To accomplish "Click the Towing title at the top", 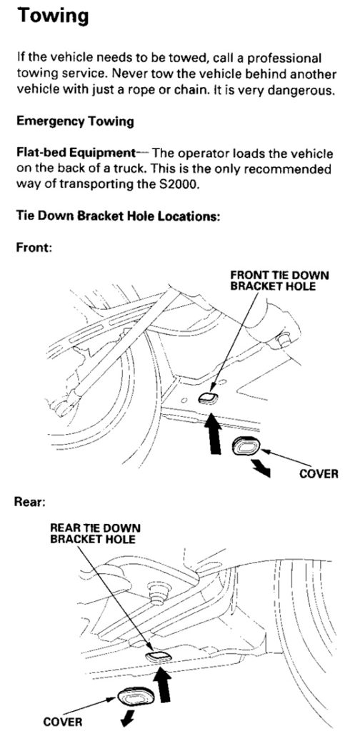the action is [52, 16].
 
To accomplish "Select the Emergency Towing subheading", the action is [75, 122].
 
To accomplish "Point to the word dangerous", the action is [309, 90].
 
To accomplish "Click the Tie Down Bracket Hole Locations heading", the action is [118, 216].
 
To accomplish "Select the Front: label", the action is [33, 247].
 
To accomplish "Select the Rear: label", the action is [30, 502].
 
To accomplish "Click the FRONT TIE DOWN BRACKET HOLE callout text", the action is [279, 281].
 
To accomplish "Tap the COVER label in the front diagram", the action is [319, 474].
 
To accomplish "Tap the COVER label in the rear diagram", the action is [61, 722].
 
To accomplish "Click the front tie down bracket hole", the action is [208, 398].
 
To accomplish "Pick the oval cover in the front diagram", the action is [246, 447].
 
